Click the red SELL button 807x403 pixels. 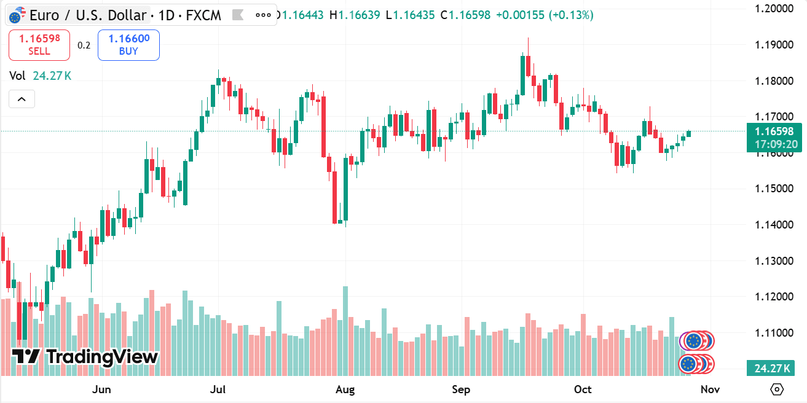(x=39, y=45)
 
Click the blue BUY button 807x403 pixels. (x=128, y=45)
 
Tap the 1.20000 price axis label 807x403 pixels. (x=771, y=9)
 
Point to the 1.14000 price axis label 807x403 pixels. (x=771, y=225)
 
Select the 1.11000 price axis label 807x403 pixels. (x=771, y=333)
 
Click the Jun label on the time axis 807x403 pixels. (x=101, y=389)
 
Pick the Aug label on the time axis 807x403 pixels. (x=345, y=389)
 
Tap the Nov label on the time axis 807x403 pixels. (x=710, y=389)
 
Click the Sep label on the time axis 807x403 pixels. (x=461, y=389)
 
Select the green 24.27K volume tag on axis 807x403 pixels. (x=770, y=369)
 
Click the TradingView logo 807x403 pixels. (x=85, y=356)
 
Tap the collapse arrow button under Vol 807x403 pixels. (x=22, y=99)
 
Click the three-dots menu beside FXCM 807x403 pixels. (x=262, y=15)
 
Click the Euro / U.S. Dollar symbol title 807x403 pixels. (x=88, y=15)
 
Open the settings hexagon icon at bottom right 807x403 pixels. (x=777, y=389)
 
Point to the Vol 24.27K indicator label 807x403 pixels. (x=41, y=76)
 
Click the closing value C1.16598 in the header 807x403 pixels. (x=465, y=15)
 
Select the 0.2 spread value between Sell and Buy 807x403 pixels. (x=84, y=45)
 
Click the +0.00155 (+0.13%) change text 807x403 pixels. (x=545, y=15)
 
